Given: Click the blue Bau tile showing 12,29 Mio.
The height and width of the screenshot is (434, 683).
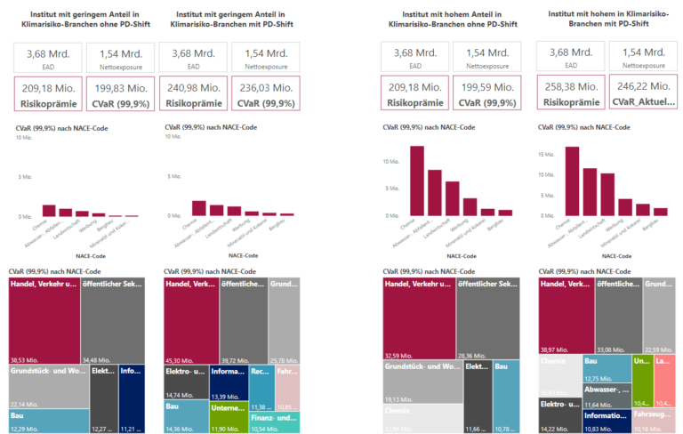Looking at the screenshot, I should point(49,420).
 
